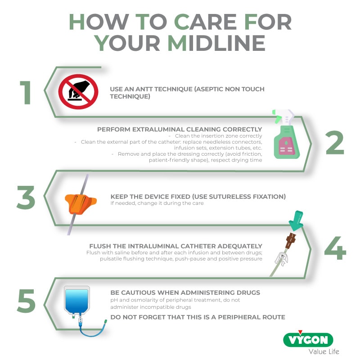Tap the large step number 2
click(x=334, y=143)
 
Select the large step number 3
click(x=26, y=198)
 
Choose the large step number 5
click(x=26, y=300)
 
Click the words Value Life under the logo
click(x=324, y=351)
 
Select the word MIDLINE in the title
click(x=216, y=43)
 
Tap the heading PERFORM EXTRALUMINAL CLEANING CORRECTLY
click(x=180, y=130)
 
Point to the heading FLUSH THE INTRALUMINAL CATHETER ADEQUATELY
click(x=175, y=246)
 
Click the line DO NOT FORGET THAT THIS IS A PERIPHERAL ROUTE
click(x=198, y=317)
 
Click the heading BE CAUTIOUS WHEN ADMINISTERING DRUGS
click(x=185, y=292)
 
